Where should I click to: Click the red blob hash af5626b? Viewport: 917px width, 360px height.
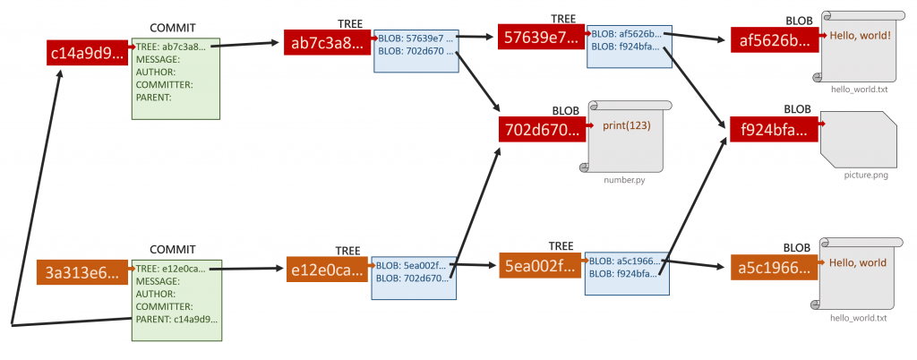pyautogui.click(x=774, y=39)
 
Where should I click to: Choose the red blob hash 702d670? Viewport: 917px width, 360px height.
pyautogui.click(x=541, y=128)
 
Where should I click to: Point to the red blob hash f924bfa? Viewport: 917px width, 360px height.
pyautogui.click(x=773, y=129)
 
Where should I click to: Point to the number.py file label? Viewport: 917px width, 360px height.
pyautogui.click(x=623, y=180)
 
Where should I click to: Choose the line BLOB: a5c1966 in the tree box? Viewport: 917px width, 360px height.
pyautogui.click(x=622, y=261)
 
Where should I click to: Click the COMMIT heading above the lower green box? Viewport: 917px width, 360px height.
pyautogui.click(x=172, y=249)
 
